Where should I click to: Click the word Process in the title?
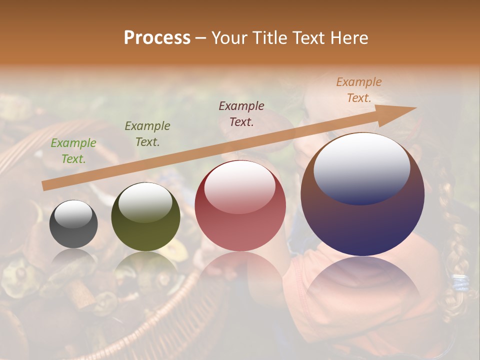click(157, 38)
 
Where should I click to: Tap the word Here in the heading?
click(348, 38)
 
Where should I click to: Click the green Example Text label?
click(73, 151)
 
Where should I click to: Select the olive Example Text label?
click(147, 134)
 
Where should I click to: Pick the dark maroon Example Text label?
click(241, 113)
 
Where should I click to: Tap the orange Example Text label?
click(359, 90)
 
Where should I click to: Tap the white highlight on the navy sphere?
click(362, 167)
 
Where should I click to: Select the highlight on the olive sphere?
click(145, 201)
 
